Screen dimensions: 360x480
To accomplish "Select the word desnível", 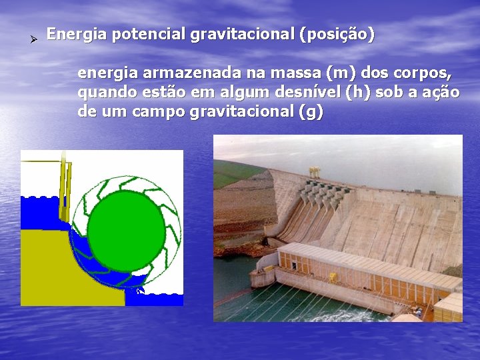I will point(305,92).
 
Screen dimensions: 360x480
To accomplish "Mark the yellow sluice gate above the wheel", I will point(65,190).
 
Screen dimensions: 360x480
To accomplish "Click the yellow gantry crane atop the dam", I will point(313,172).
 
